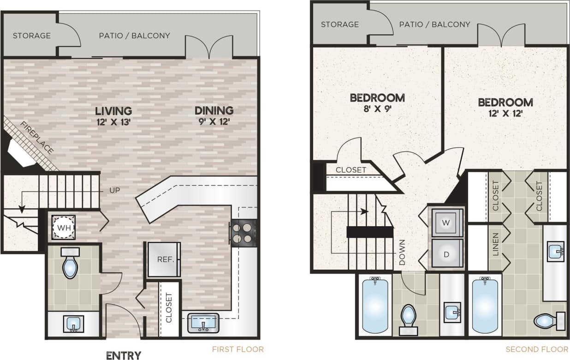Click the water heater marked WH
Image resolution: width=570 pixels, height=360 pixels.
62,227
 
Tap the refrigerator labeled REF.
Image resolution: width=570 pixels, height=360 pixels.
165,259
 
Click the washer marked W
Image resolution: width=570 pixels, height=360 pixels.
445,222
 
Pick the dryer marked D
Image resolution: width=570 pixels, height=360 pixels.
445,253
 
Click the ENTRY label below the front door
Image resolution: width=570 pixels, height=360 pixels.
124,355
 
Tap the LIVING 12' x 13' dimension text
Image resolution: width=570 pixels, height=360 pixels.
113,122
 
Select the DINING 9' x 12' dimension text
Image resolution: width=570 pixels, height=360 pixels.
214,122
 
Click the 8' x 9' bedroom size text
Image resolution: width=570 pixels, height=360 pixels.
377,109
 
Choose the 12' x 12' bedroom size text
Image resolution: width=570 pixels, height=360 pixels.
505,114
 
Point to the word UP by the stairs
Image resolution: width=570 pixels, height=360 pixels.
116,190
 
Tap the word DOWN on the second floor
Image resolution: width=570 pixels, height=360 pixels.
402,252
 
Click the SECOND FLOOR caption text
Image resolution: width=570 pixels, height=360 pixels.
537,349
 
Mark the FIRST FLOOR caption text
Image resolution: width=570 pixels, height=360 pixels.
237,349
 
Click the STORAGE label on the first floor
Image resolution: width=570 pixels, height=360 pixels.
31,36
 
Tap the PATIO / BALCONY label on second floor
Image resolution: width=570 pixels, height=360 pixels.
434,24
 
